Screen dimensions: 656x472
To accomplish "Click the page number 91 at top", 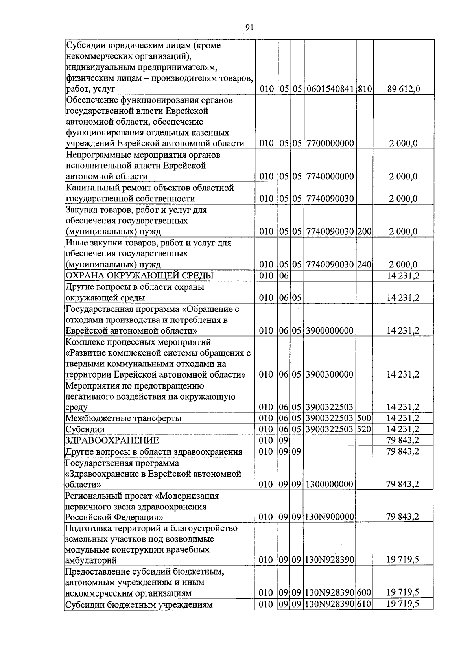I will tap(249, 27).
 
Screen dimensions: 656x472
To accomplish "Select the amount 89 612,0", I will tap(404, 89).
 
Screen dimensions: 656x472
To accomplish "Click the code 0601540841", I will tap(330, 89).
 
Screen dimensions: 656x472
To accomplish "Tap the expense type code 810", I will tap(365, 89).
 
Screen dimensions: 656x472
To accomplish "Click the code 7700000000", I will tap(330, 143).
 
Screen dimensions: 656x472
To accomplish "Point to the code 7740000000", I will tap(330, 176).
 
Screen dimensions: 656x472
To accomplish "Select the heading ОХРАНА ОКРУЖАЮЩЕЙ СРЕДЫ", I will tap(139, 275).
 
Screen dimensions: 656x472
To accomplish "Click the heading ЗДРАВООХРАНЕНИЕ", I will tap(112, 440).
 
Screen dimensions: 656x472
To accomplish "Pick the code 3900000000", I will tap(330, 330).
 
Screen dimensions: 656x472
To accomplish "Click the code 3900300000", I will tap(330, 374).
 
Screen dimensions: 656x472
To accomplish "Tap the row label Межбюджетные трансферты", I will tap(124, 418).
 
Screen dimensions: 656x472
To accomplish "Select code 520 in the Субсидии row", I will tap(364, 429).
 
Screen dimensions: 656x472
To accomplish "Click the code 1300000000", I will tap(330, 484).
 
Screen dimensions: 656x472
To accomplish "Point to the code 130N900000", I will tap(330, 516).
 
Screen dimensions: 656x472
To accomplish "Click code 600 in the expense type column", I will tap(365, 593).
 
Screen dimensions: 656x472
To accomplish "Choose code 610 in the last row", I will tap(365, 604).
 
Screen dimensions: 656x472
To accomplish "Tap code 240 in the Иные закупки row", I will tap(365, 264).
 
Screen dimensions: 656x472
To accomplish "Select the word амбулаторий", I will tap(91, 560).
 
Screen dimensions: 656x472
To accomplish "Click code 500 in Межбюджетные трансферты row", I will tap(364, 418).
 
